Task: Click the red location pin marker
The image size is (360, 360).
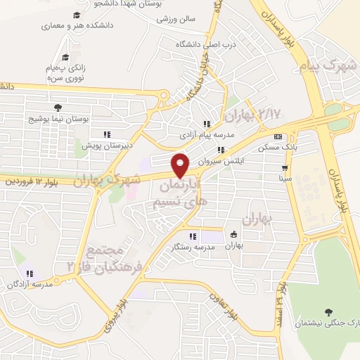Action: click(181, 165)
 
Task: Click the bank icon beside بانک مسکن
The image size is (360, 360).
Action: click(278, 136)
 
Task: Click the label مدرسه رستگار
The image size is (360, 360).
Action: click(193, 247)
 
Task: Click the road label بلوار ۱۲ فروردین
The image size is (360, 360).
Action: click(29, 181)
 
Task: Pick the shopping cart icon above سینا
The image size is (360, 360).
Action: click(285, 168)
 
